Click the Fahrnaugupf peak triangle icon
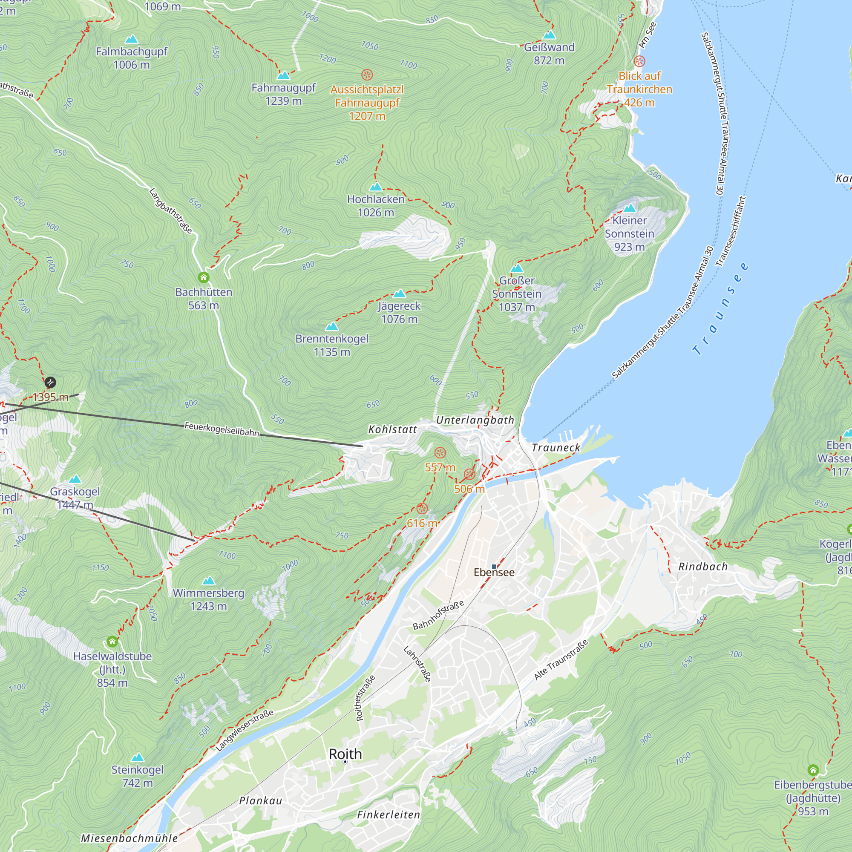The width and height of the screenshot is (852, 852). point(284,75)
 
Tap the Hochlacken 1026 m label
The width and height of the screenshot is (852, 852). point(376,205)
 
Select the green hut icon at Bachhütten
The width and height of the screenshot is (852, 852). point(203,277)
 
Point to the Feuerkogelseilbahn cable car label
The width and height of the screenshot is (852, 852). point(222,429)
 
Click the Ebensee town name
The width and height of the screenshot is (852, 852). point(494,573)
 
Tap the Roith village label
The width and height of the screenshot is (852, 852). point(345,754)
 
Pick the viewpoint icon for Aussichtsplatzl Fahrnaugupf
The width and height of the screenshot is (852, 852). point(367,75)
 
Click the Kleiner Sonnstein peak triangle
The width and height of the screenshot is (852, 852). point(630,208)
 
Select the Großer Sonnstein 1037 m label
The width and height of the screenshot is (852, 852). point(516,294)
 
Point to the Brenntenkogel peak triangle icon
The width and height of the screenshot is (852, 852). point(331,327)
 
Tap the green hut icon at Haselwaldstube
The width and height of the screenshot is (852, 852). point(112,641)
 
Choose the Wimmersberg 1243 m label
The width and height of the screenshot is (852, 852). point(208,599)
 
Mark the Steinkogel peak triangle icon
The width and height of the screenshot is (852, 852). point(138,757)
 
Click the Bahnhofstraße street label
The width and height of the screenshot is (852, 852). point(438,615)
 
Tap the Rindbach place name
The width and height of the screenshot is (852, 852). point(703,567)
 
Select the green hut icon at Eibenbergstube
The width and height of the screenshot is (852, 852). point(813,770)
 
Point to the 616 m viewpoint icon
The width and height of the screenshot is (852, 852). point(422,509)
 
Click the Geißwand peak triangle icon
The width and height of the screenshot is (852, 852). point(549,35)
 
